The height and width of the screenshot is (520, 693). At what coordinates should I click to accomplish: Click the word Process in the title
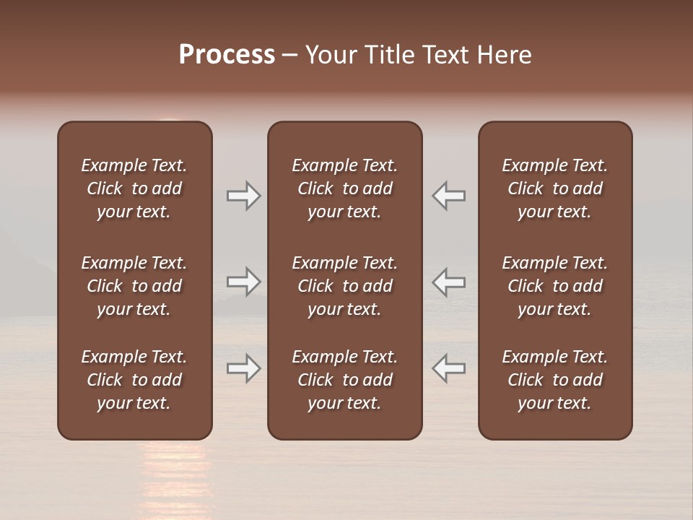(x=227, y=55)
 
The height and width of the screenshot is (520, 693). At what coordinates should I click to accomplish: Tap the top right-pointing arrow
(x=244, y=196)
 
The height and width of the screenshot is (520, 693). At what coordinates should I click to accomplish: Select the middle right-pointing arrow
(x=244, y=282)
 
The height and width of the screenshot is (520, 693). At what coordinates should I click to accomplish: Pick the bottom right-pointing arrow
(x=244, y=368)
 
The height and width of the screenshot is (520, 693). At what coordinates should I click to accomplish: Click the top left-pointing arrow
(x=448, y=196)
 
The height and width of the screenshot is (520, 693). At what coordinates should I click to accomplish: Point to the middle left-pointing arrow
(x=448, y=282)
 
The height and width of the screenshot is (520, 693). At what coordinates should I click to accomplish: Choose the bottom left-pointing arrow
(x=448, y=368)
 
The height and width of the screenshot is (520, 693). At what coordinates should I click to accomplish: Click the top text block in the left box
(x=134, y=188)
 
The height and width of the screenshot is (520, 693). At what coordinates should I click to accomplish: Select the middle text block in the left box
(x=134, y=286)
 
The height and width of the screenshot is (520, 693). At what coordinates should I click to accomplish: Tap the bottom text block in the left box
(x=134, y=380)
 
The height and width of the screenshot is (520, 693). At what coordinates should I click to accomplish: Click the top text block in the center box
(x=344, y=188)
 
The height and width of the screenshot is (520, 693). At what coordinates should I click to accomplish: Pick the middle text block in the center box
(x=344, y=286)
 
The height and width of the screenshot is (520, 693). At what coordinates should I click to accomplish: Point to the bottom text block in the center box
(x=344, y=380)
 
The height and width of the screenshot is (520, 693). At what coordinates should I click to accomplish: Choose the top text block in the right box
(x=554, y=188)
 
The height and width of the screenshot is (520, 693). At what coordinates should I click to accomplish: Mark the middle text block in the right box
(x=554, y=286)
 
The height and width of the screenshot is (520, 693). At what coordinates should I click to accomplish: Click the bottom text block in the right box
(x=554, y=380)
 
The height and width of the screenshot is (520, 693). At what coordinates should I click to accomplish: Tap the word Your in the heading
(x=329, y=55)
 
